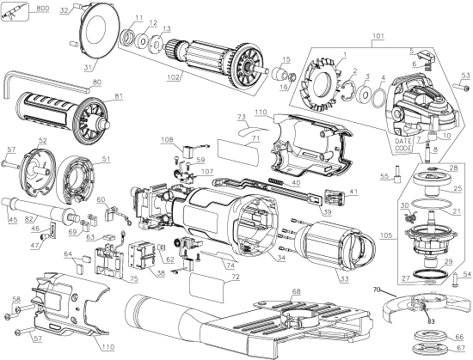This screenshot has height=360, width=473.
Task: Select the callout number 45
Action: pos(12,219)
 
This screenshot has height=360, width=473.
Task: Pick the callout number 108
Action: pos(166,138)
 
